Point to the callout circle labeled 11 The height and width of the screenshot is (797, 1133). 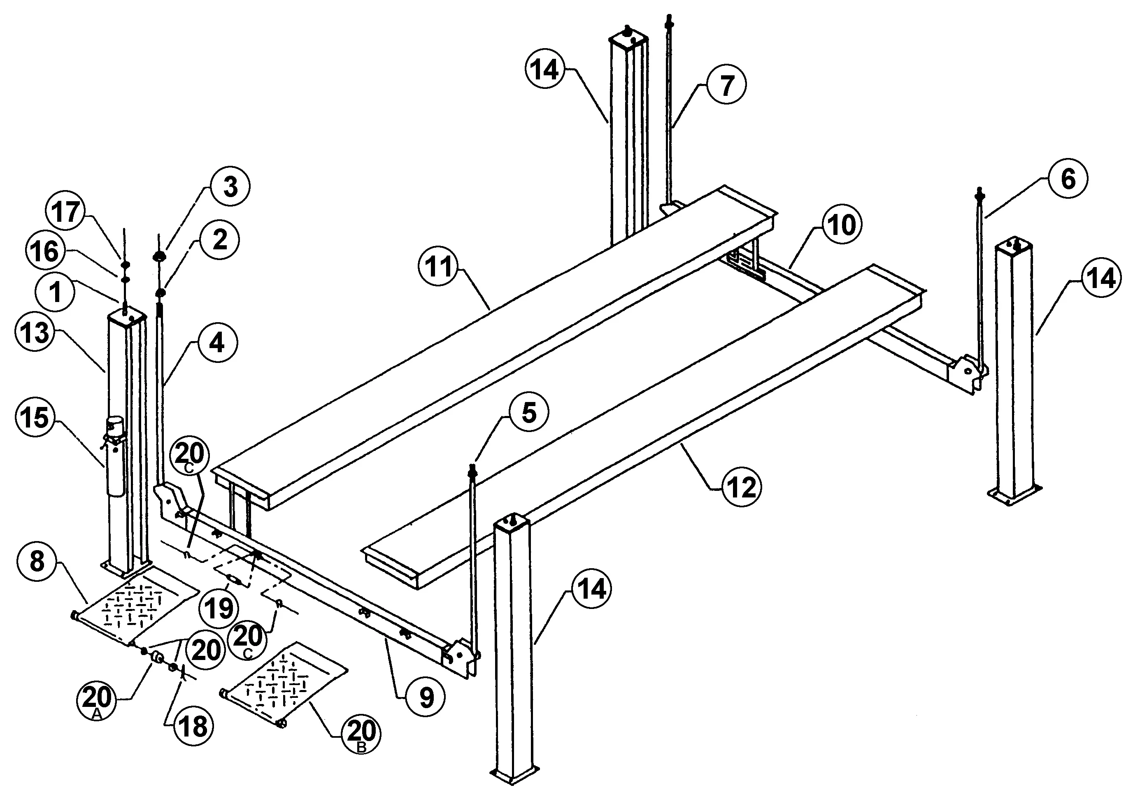coord(438,267)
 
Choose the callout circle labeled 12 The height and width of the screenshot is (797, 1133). coord(742,488)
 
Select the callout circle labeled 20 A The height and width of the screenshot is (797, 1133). coord(97,700)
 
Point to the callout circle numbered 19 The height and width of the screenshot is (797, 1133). coord(219,609)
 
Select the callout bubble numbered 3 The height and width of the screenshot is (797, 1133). coord(230,187)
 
